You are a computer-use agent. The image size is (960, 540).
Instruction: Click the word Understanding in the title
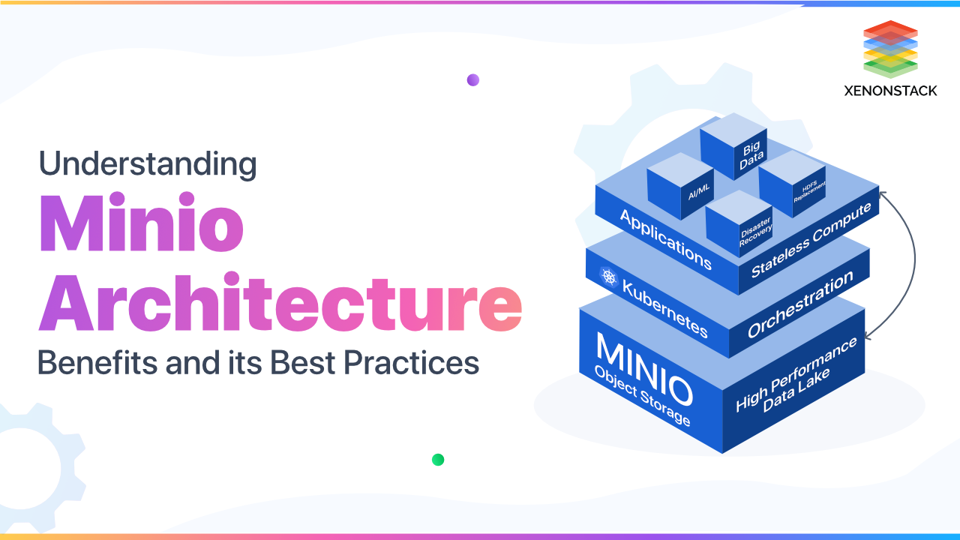(x=148, y=164)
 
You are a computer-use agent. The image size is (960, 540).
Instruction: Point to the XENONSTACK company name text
(x=889, y=91)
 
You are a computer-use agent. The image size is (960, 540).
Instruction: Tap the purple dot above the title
(x=472, y=80)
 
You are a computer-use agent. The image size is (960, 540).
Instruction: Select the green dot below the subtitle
(x=438, y=460)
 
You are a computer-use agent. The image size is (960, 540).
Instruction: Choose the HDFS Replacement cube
(x=791, y=184)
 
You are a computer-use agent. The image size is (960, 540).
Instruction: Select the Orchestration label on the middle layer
(x=800, y=304)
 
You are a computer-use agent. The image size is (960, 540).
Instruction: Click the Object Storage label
(x=641, y=397)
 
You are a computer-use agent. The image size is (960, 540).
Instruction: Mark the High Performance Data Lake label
(x=796, y=378)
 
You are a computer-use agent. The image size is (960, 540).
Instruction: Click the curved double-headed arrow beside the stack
(x=913, y=262)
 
